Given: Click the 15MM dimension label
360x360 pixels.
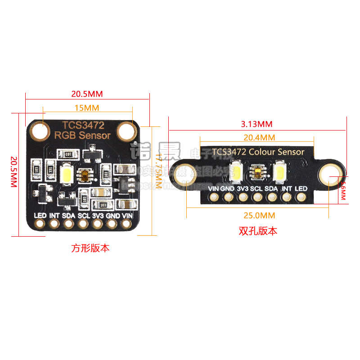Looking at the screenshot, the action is coord(87,108).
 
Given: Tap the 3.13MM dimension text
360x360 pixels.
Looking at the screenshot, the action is coord(257,124).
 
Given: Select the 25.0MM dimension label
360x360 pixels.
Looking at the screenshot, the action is coord(258,214).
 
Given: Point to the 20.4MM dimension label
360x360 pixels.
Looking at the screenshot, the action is coord(259,137).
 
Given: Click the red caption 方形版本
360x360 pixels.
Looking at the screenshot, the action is coord(90,248).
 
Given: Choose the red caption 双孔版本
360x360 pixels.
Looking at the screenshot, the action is coord(258,231).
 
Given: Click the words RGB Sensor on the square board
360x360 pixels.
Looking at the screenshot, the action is coord(82,135).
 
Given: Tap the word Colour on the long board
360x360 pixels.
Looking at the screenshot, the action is coord(261,152).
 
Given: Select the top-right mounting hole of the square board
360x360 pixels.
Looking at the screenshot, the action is coord(126,131).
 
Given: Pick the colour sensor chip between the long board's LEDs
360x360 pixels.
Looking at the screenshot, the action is coord(257,171).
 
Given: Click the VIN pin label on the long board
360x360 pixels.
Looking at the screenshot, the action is coord(214,189).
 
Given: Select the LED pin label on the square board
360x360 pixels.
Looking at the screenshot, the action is coord(40,215).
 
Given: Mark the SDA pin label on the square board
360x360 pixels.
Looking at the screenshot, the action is coord(69,215).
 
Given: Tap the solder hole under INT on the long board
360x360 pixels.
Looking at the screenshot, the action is coord(286,197).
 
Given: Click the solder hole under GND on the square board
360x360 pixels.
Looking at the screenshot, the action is coord(112,224).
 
